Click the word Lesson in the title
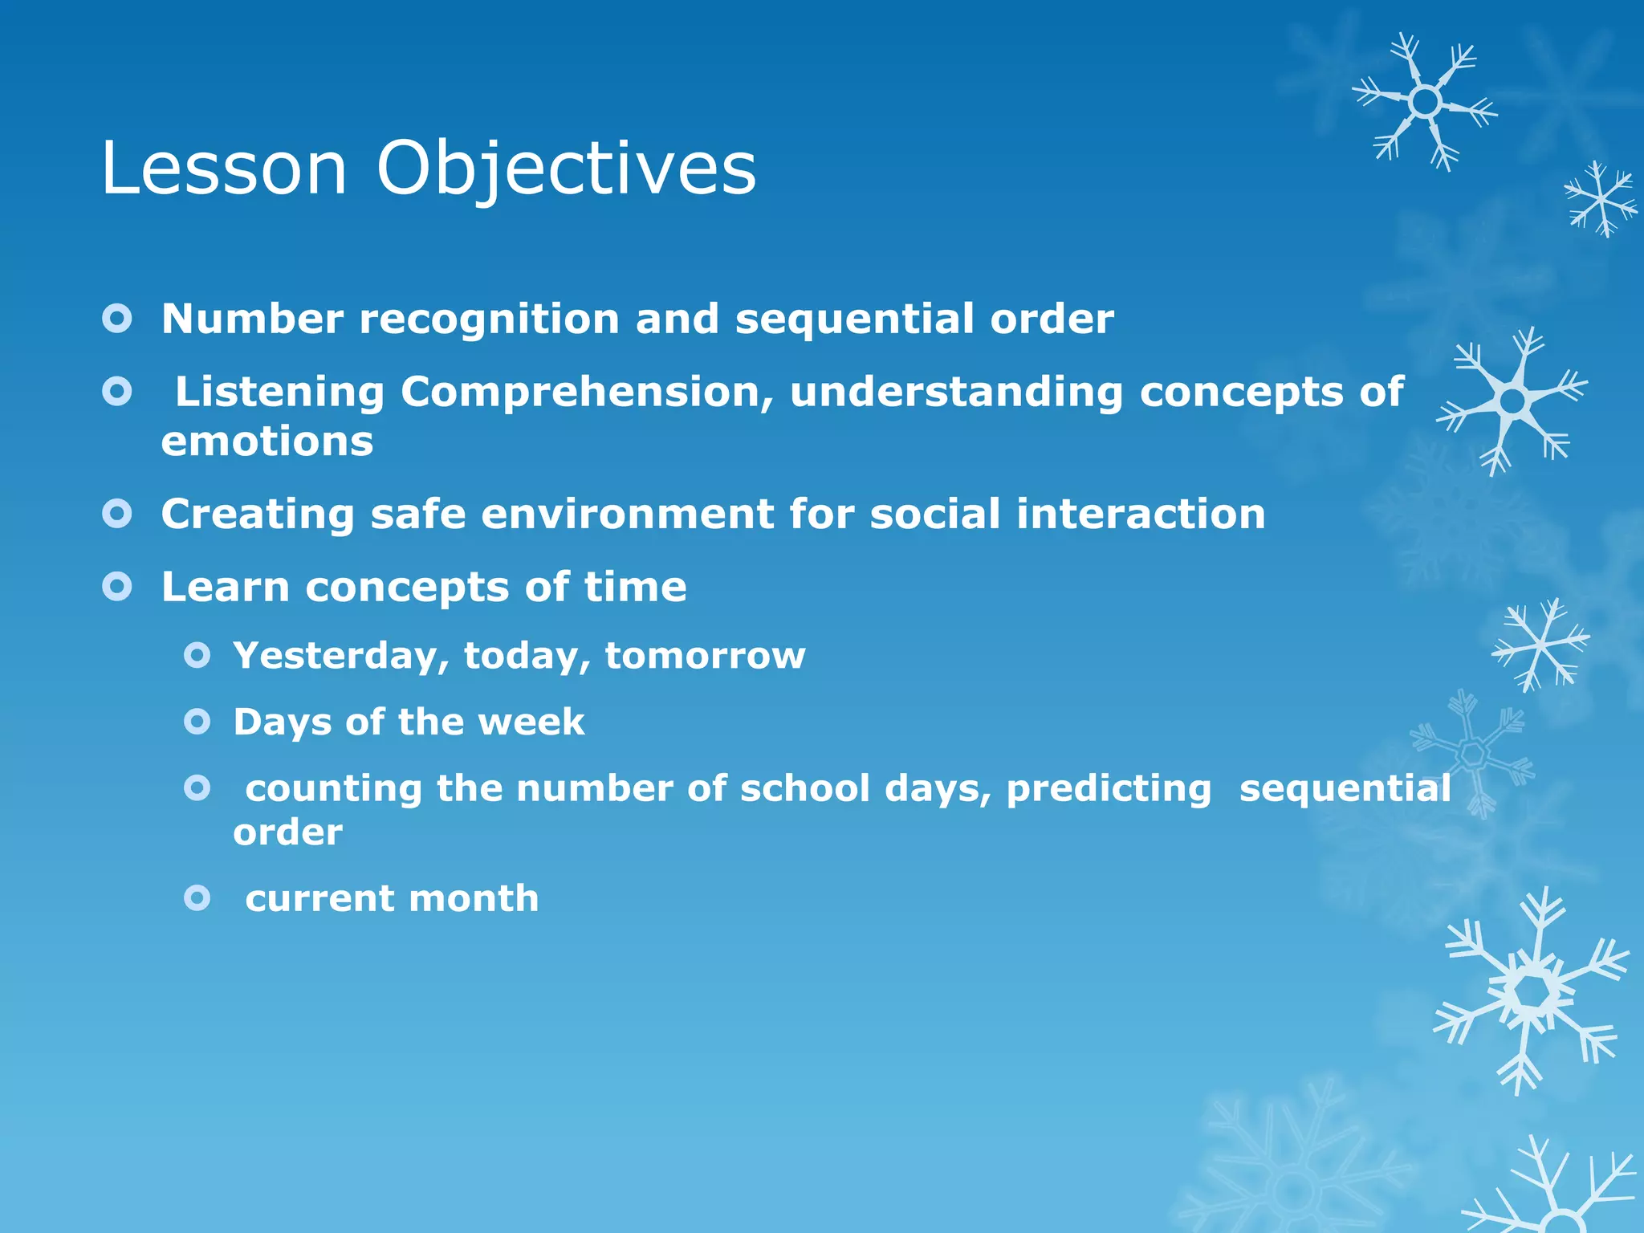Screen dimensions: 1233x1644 point(224,169)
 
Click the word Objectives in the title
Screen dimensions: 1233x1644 point(566,169)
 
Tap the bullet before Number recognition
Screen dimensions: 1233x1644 point(117,319)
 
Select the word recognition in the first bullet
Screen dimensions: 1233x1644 point(489,319)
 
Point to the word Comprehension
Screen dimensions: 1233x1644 point(586,393)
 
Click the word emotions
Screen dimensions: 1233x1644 point(267,442)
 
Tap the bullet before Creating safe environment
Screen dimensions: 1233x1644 point(117,513)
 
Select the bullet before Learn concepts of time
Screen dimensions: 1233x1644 point(117,587)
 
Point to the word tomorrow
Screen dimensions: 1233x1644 point(705,656)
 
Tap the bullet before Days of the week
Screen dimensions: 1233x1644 point(197,722)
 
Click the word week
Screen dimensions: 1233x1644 point(531,722)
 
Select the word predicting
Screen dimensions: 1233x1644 point(1109,788)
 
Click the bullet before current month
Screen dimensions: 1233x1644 point(197,897)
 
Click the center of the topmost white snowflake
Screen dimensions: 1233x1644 point(1425,102)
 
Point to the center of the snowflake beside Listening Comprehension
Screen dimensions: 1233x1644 point(1512,401)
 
